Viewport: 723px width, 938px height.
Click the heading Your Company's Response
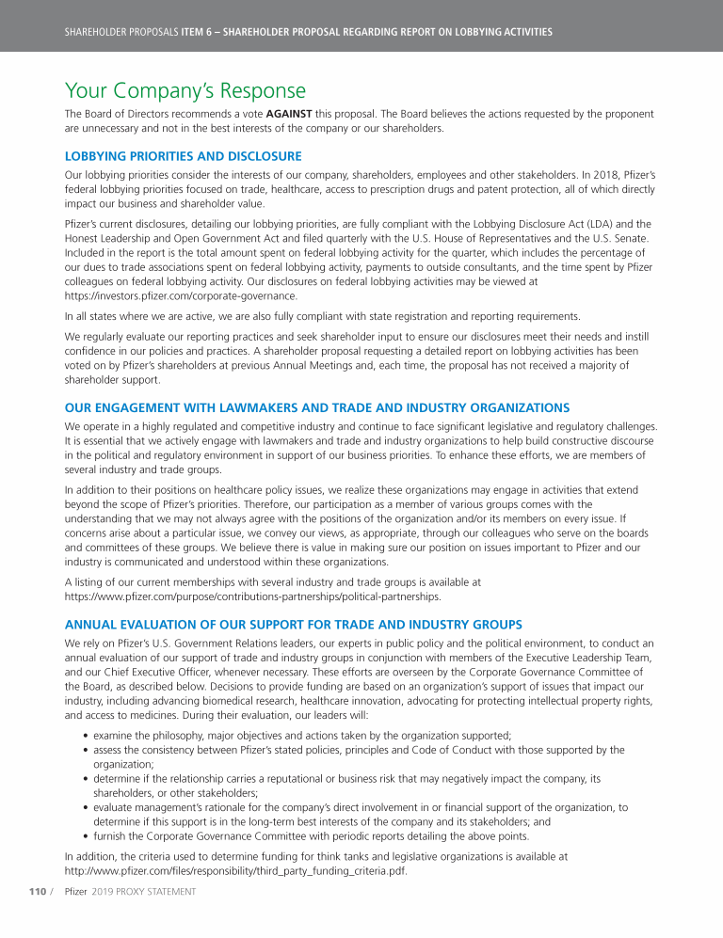coord(185,91)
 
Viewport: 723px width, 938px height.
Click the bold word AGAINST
coord(289,115)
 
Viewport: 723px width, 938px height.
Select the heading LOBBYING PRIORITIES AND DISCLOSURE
coord(183,156)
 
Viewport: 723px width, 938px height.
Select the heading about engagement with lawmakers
coord(316,407)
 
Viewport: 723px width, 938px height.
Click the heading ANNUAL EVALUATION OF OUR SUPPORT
coord(293,625)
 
